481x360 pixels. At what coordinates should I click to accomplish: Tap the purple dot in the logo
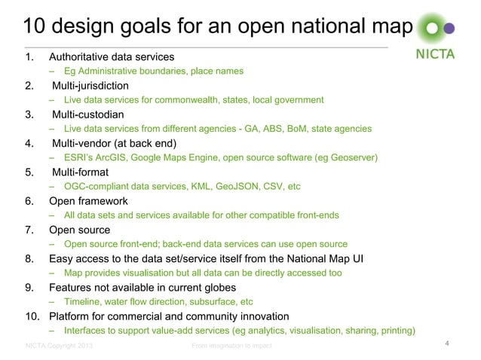tap(450, 30)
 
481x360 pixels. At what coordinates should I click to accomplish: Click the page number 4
tap(448, 345)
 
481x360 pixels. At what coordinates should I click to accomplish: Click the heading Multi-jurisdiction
tap(90, 85)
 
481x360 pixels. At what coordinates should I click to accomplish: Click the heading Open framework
tap(88, 201)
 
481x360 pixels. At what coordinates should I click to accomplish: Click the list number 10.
tap(32, 316)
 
